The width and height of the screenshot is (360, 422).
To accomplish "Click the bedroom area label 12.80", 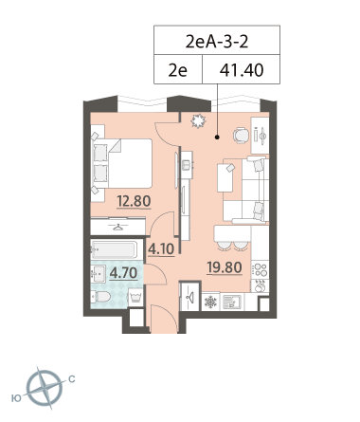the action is [134, 201].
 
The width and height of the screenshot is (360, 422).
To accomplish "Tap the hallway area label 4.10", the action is [161, 249].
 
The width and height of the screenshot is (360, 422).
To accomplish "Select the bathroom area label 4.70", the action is [123, 273].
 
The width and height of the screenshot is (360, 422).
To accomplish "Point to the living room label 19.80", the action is [225, 267].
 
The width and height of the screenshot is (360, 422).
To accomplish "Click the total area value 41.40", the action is [242, 70].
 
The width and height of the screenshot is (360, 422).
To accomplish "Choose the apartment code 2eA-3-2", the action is [217, 42].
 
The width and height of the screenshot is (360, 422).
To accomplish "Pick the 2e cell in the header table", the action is [177, 70].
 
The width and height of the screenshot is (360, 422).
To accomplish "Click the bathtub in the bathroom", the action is [114, 249].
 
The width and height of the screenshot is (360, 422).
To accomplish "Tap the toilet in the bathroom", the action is [100, 297].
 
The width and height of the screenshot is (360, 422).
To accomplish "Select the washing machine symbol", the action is [135, 298].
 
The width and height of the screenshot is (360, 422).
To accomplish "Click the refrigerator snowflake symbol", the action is [210, 303].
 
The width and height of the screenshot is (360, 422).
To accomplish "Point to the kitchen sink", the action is [232, 303].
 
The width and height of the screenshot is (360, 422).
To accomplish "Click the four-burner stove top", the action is [261, 270].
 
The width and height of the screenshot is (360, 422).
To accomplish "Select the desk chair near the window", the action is [242, 136].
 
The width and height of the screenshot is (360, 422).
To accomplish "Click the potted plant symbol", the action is [198, 121].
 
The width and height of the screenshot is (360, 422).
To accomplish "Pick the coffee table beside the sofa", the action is [225, 177].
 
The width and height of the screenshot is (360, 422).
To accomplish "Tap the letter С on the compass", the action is [72, 379].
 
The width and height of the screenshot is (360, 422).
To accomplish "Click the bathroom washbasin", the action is [99, 274].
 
